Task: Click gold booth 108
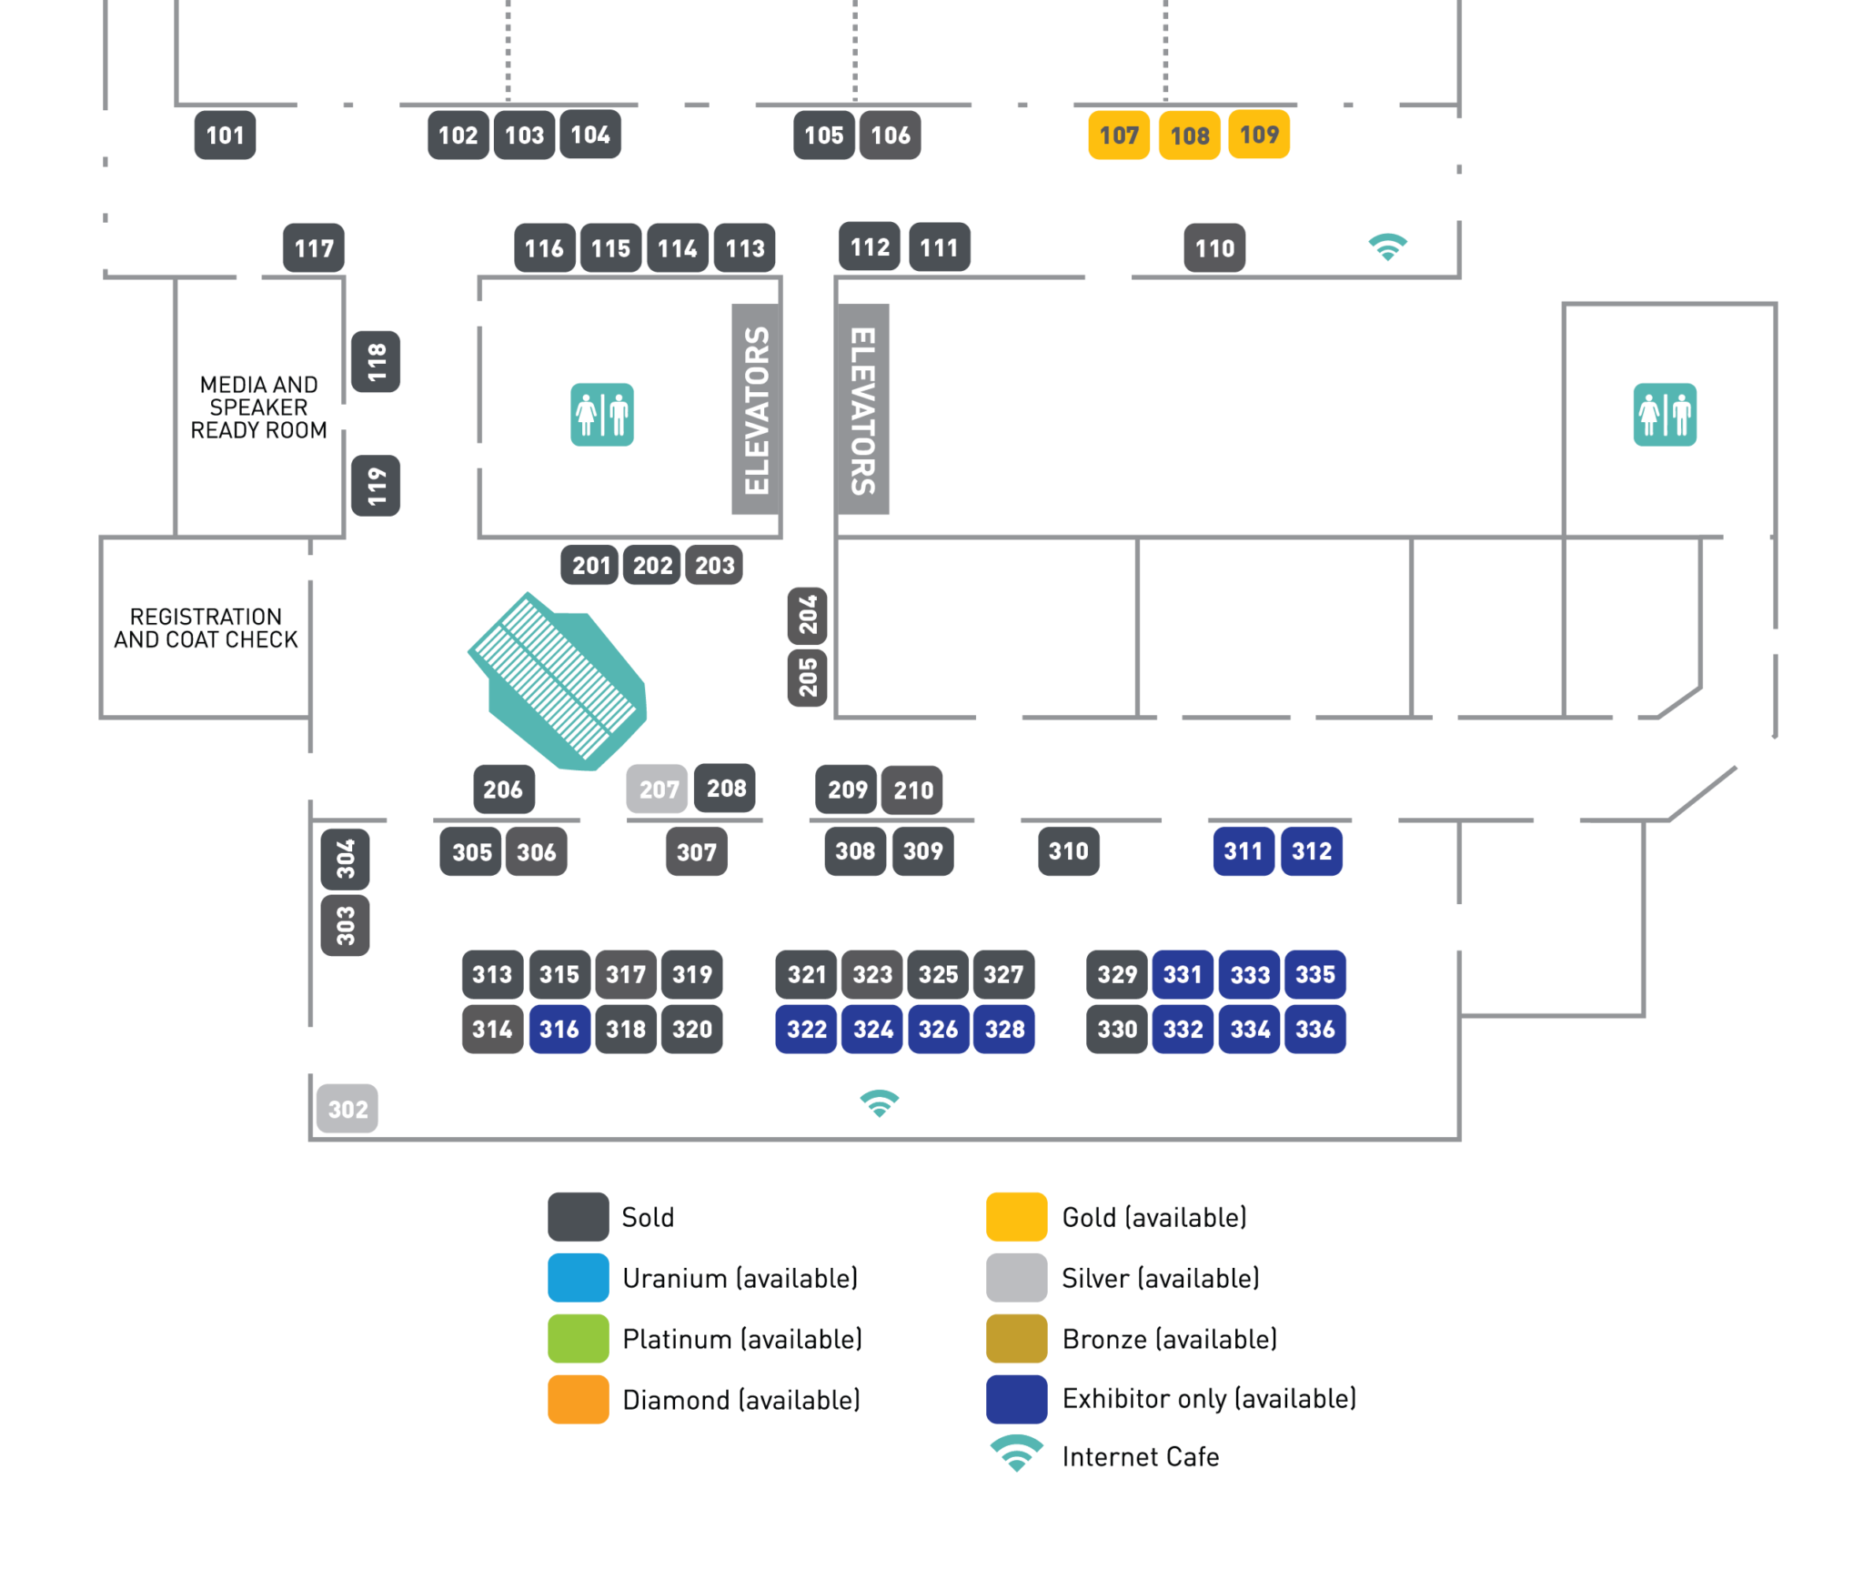[x=1190, y=136]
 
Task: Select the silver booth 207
[x=658, y=789]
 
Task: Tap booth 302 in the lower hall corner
[x=347, y=1109]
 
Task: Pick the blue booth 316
[x=559, y=1029]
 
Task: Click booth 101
[x=225, y=136]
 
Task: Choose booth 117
[x=314, y=248]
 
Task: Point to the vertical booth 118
[x=376, y=362]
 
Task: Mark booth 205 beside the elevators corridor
[x=808, y=677]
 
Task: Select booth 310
[x=1068, y=851]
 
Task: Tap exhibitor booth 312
[x=1311, y=851]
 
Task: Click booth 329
[x=1117, y=974]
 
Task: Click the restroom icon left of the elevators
[x=602, y=415]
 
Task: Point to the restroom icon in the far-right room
[x=1665, y=415]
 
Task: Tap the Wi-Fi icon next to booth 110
[x=1388, y=246]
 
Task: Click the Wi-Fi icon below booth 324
[x=879, y=1103]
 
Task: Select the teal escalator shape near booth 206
[x=558, y=683]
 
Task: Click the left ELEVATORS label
[x=757, y=410]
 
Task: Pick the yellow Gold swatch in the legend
[x=1016, y=1217]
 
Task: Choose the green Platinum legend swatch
[x=578, y=1339]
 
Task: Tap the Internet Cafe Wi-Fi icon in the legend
[x=1016, y=1453]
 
